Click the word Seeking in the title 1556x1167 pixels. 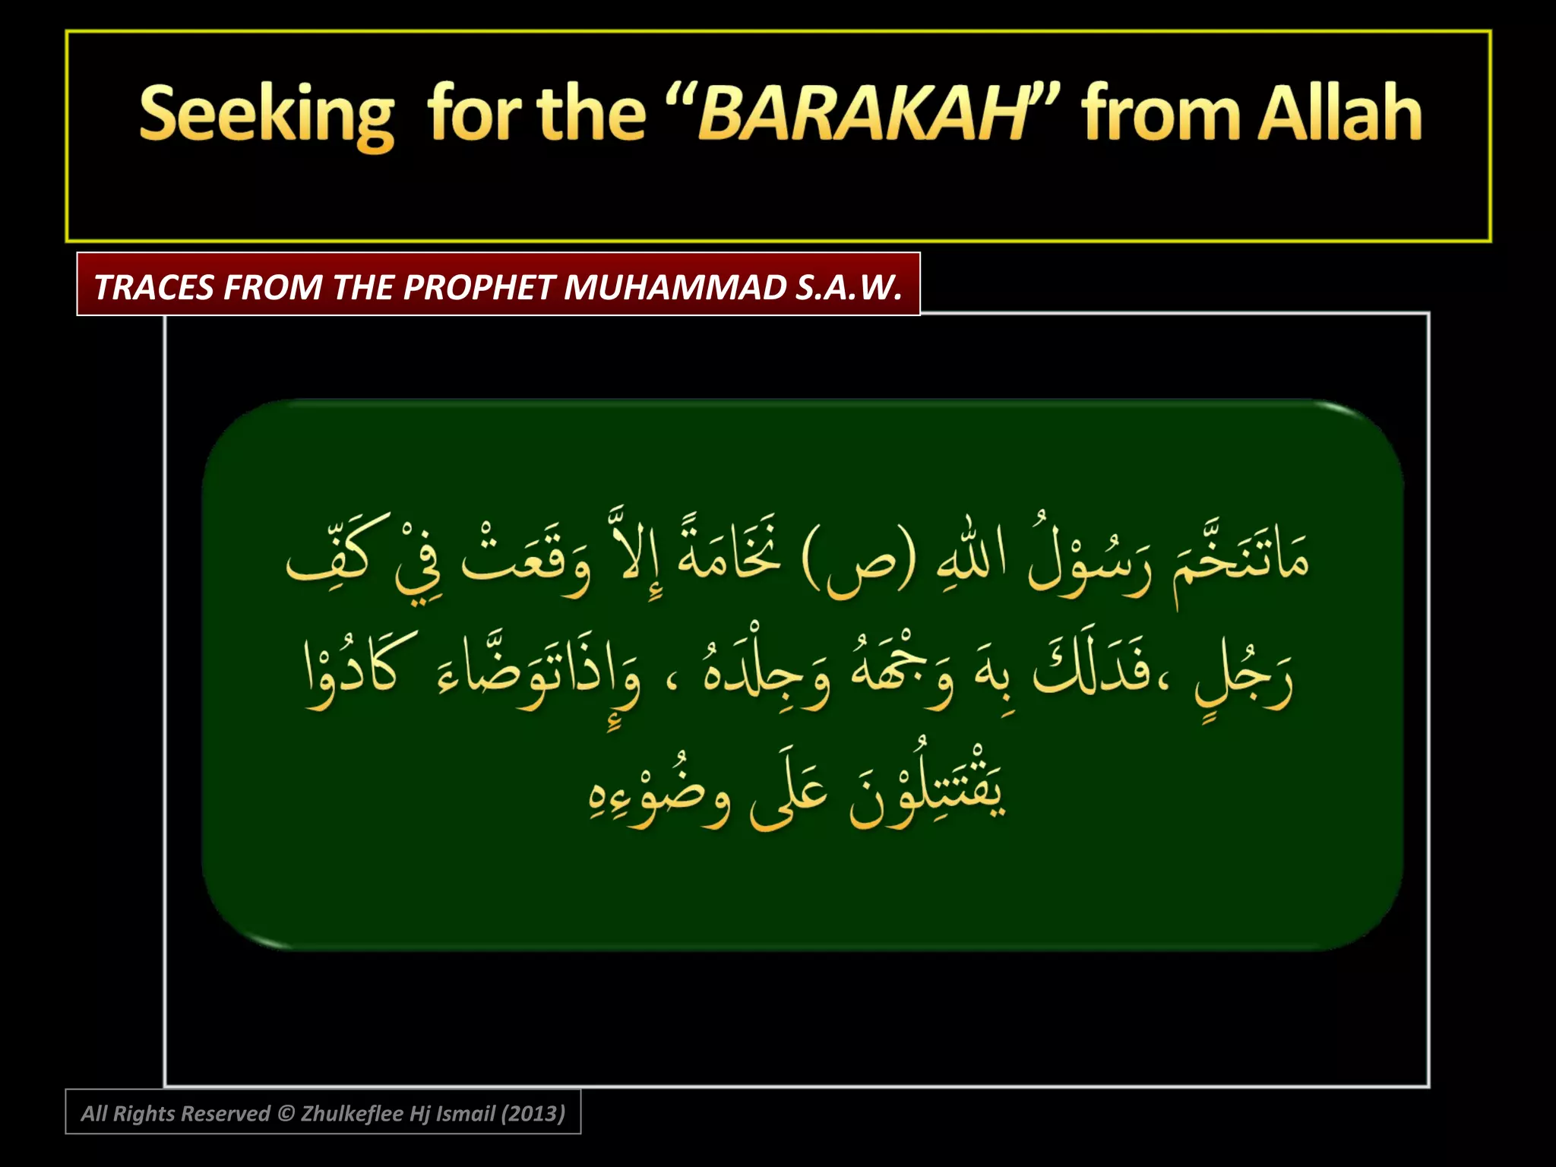click(267, 115)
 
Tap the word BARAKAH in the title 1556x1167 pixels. click(862, 115)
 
